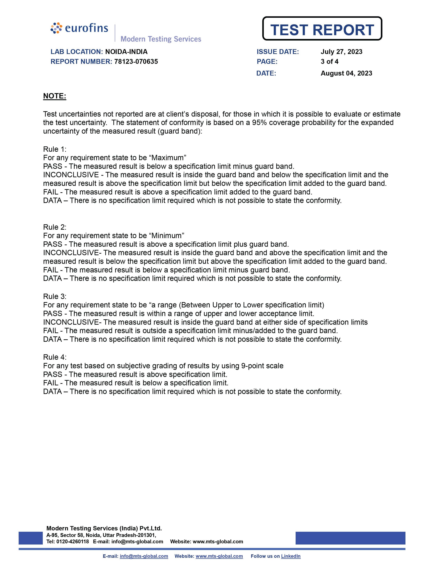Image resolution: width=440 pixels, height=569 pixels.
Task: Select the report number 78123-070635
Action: point(136,62)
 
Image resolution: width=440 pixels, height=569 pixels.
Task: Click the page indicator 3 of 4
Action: point(329,62)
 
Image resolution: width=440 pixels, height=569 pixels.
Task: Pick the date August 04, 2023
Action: point(346,73)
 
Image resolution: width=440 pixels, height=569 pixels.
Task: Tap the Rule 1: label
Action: point(55,149)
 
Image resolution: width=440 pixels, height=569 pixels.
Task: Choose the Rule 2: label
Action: point(55,227)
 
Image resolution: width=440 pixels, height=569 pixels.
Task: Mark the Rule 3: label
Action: point(55,297)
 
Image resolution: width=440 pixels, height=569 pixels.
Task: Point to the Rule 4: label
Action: point(55,357)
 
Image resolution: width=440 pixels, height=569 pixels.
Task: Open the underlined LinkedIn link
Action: point(291,556)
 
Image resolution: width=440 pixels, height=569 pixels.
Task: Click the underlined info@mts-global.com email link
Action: point(144,556)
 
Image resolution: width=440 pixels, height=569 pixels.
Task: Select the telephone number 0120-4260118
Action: point(72,542)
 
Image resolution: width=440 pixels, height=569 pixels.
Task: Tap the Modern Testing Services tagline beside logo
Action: point(161,39)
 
